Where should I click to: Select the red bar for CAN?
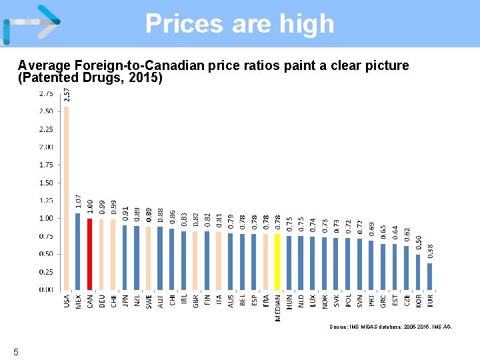coord(89,254)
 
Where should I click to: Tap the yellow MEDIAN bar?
coord(277,262)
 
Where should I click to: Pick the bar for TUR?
coord(430,276)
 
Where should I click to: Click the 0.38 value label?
coord(431,251)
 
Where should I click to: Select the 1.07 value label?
coord(78,201)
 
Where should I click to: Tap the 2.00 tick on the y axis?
coord(46,147)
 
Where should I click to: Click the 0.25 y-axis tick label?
coord(46,272)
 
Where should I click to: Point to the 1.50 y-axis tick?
coord(46,183)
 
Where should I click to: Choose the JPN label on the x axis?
coord(125,301)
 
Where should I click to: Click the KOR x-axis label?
coord(418,301)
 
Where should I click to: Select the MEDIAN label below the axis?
coord(278,307)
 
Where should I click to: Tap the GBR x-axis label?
coord(195,301)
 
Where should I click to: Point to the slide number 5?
coord(15,351)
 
